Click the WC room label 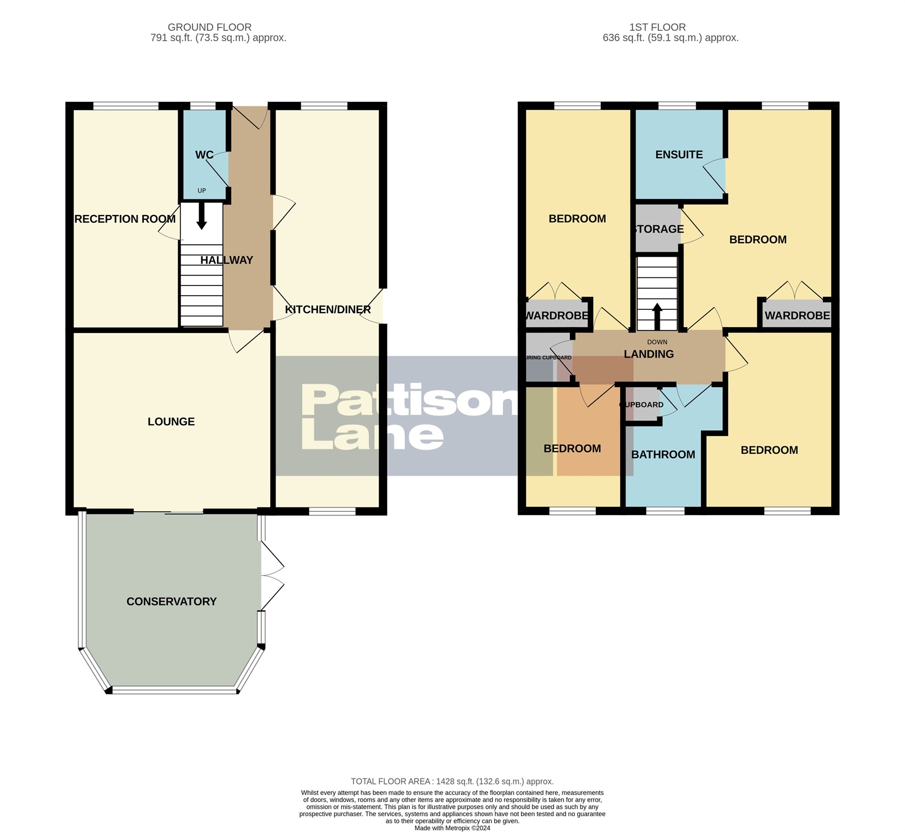pyautogui.click(x=204, y=155)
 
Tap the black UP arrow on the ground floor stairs pyautogui.click(x=201, y=216)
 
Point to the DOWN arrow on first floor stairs pyautogui.click(x=657, y=316)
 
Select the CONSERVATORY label pyautogui.click(x=171, y=601)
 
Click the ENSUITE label pyautogui.click(x=679, y=154)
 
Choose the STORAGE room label pyautogui.click(x=658, y=229)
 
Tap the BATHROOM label pyautogui.click(x=663, y=454)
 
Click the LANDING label pyautogui.click(x=648, y=354)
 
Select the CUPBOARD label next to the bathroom pyautogui.click(x=642, y=405)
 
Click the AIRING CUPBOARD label pyautogui.click(x=549, y=357)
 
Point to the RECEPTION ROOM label pyautogui.click(x=125, y=219)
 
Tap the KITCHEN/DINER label pyautogui.click(x=328, y=309)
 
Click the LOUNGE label pyautogui.click(x=171, y=421)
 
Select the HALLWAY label pyautogui.click(x=226, y=260)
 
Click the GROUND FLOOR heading pyautogui.click(x=209, y=27)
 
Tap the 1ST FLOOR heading pyautogui.click(x=657, y=27)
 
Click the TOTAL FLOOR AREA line pyautogui.click(x=452, y=781)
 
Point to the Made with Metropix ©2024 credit pyautogui.click(x=452, y=828)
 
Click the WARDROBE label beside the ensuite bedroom pyautogui.click(x=797, y=315)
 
